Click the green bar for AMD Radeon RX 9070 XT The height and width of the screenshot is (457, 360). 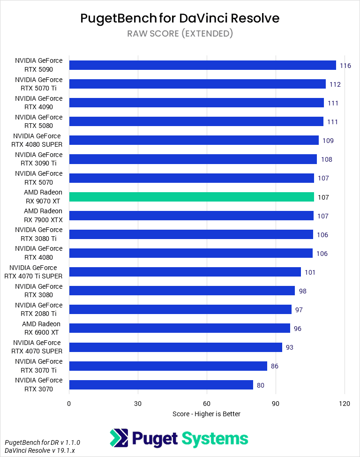pyautogui.click(x=191, y=197)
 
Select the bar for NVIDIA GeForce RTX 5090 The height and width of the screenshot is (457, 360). pyautogui.click(x=202, y=65)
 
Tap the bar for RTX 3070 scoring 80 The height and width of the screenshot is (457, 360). pyautogui.click(x=161, y=385)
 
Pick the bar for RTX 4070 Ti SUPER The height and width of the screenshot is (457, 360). pyautogui.click(x=185, y=272)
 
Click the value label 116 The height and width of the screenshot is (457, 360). pyautogui.click(x=345, y=66)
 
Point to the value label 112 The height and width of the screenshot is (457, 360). pyautogui.click(x=335, y=84)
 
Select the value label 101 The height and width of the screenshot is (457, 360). pyautogui.click(x=310, y=272)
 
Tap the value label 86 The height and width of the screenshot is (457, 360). pyautogui.click(x=274, y=366)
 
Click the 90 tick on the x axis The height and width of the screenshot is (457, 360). pyautogui.click(x=276, y=404)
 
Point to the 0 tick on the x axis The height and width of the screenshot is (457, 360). pyautogui.click(x=69, y=404)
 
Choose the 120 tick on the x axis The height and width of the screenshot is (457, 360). pyautogui.click(x=345, y=404)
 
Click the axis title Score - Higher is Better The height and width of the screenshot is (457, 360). pyautogui.click(x=206, y=414)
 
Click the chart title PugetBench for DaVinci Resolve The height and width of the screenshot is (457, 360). pyautogui.click(x=180, y=18)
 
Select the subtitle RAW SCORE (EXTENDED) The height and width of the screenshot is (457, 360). pyautogui.click(x=180, y=33)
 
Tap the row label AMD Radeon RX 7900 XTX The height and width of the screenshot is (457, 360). pyautogui.click(x=43, y=215)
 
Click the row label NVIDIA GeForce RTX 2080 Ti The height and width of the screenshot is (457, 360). pyautogui.click(x=38, y=309)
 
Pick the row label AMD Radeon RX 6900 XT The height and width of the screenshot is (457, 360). pyautogui.click(x=41, y=328)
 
